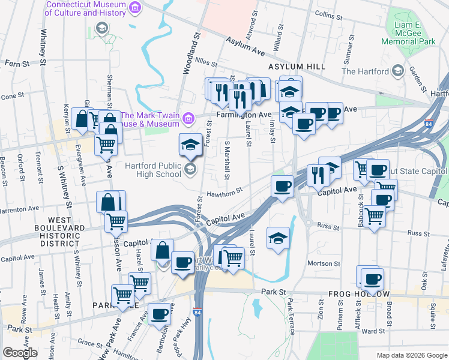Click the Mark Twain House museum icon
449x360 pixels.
(190, 118)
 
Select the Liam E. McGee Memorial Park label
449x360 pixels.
(408, 37)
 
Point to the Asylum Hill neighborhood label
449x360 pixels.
(297, 66)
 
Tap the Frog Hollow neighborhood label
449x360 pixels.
(360, 294)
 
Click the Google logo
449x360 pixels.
(19, 353)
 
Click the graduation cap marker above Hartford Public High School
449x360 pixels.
(190, 144)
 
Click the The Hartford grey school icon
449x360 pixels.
(397, 72)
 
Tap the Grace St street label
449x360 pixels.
(90, 343)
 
